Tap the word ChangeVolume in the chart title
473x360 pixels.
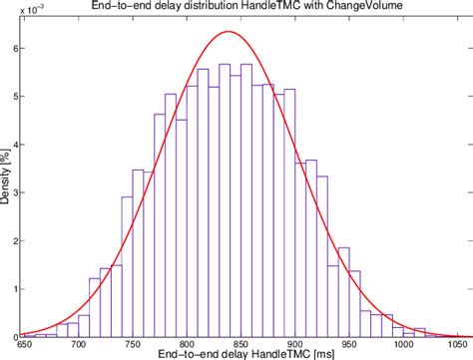tap(356, 7)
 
